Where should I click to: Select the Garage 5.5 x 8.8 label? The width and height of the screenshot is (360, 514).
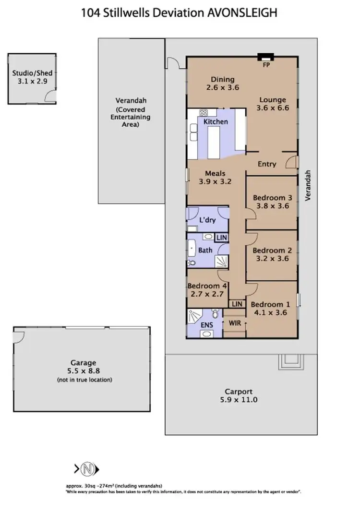(x=84, y=367)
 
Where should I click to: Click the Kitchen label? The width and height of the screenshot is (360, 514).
(x=216, y=121)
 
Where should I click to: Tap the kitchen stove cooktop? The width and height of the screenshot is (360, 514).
(x=203, y=114)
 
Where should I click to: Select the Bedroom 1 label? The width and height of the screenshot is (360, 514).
(x=270, y=308)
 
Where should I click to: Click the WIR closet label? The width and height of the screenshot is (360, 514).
(x=235, y=323)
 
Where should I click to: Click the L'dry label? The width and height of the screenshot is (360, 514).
(x=207, y=220)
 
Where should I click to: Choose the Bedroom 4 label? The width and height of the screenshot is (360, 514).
(x=207, y=290)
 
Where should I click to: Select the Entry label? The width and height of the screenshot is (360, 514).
(x=267, y=164)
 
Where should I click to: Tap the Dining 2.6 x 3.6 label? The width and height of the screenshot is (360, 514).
(x=223, y=84)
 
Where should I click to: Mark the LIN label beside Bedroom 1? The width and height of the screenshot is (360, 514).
(x=237, y=304)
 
